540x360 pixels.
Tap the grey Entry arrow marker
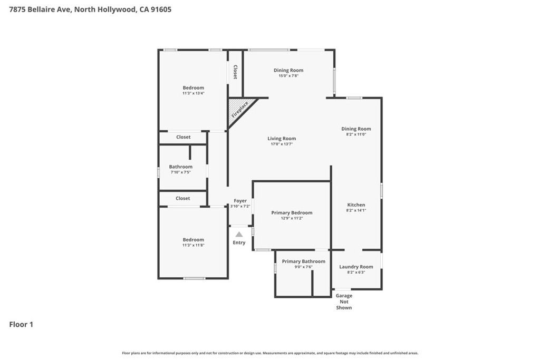[239, 235]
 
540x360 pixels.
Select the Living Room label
[282, 139]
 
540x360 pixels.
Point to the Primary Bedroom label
[292, 213]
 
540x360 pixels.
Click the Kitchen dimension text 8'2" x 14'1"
[356, 210]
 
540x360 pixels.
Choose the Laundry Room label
[356, 267]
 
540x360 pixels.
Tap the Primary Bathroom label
[303, 261]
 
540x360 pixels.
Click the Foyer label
[240, 201]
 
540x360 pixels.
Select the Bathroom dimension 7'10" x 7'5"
[180, 172]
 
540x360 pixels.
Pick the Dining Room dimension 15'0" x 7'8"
[288, 76]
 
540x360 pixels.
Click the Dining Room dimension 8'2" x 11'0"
[356, 134]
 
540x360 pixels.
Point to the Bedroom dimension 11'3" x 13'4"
[194, 93]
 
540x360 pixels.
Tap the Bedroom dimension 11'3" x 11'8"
[194, 245]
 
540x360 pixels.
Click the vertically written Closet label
[236, 72]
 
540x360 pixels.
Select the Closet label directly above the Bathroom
[183, 137]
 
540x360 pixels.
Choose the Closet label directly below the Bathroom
[182, 198]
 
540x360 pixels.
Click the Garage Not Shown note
[344, 301]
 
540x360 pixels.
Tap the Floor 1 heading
[21, 325]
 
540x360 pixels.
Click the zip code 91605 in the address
[161, 9]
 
